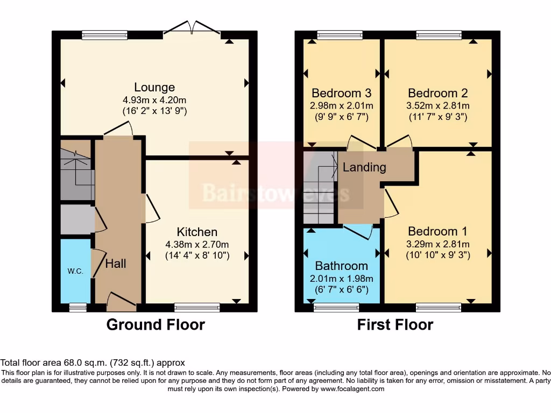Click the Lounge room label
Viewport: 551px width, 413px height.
(x=154, y=87)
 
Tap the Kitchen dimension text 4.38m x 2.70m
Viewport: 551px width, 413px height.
(x=197, y=244)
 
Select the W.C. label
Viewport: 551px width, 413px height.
(x=75, y=272)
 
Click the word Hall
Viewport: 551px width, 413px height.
(x=116, y=264)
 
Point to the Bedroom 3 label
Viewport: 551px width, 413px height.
(x=342, y=92)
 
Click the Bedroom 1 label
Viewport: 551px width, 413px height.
(x=437, y=231)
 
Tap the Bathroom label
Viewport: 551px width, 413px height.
(x=342, y=266)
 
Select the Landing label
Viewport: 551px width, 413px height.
(x=364, y=167)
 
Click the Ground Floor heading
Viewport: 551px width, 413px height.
(x=156, y=325)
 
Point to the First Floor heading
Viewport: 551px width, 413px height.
(x=395, y=325)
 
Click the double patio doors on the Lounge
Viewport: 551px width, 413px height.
(x=192, y=29)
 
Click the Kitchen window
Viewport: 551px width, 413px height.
(x=197, y=308)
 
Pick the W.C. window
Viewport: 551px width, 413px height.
(x=78, y=308)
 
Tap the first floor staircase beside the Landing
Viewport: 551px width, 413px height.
(x=320, y=188)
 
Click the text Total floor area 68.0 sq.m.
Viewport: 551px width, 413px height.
(x=93, y=363)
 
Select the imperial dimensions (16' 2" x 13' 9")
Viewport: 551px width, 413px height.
(x=154, y=111)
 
